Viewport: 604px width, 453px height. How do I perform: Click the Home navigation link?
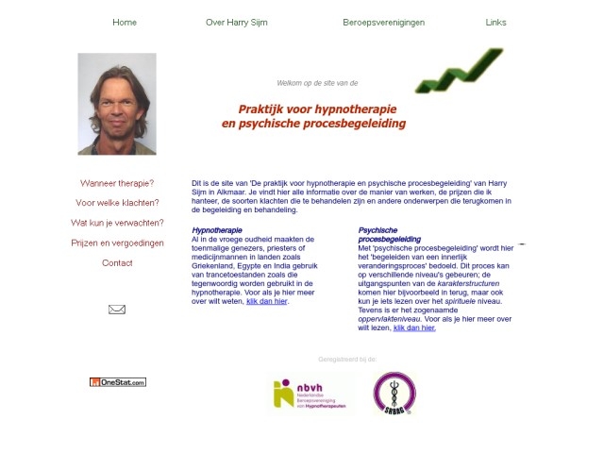(125, 23)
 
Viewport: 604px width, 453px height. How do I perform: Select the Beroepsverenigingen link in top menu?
(383, 23)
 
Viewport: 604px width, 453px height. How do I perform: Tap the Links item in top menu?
(495, 23)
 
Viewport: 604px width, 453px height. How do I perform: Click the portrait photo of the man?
(117, 104)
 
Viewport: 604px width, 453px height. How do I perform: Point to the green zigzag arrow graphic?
(460, 71)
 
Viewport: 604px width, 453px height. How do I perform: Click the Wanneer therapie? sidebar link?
(117, 183)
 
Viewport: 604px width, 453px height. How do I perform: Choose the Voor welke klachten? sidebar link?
(117, 203)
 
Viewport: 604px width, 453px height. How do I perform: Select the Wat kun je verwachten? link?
(117, 223)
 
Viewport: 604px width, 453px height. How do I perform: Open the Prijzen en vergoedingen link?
(117, 243)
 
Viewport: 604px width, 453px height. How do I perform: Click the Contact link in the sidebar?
(117, 263)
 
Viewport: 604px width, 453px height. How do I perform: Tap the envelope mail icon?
(117, 309)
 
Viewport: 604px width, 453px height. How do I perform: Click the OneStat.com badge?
(118, 382)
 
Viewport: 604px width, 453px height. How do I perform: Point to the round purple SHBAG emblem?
(394, 394)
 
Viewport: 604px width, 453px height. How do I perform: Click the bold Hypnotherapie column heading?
(217, 230)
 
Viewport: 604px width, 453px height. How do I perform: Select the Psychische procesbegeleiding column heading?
(389, 235)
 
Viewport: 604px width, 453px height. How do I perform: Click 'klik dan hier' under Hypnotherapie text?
(266, 301)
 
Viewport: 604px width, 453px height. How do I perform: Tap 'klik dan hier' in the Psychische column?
(414, 327)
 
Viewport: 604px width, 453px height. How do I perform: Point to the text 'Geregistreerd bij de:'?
(347, 360)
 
